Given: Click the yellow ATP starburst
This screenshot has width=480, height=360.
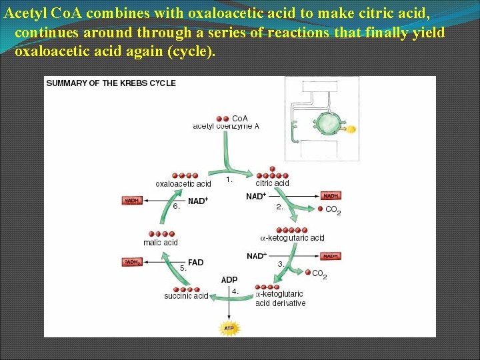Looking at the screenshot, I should pos(229,328).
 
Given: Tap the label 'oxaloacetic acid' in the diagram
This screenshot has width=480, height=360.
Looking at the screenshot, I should pos(183,184).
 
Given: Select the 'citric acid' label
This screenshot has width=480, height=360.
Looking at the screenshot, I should pos(272,183).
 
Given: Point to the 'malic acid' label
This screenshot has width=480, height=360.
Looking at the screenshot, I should pos(161,243).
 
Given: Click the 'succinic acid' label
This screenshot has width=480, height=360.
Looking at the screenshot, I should pos(187,296).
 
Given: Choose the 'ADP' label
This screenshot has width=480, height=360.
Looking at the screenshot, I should pos(229,280).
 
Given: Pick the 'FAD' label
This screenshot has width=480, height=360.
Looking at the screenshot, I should pos(196,263).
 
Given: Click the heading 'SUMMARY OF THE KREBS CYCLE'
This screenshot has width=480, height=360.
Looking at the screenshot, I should pos(111,83).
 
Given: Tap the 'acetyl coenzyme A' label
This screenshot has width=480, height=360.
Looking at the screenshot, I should pos(226,126).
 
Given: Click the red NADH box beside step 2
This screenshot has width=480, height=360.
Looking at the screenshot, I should pos(331,196).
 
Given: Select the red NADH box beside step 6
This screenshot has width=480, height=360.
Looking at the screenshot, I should pos(132,201).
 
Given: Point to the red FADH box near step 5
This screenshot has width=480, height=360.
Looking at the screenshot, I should pos(132,263).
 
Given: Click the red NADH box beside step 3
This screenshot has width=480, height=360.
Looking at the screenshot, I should pos(331,256).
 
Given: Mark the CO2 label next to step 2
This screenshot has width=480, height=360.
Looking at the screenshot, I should pos(333,211).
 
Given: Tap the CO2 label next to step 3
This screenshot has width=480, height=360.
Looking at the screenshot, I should pos(319,274).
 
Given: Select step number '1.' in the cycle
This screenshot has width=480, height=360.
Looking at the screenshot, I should pos(229,179).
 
